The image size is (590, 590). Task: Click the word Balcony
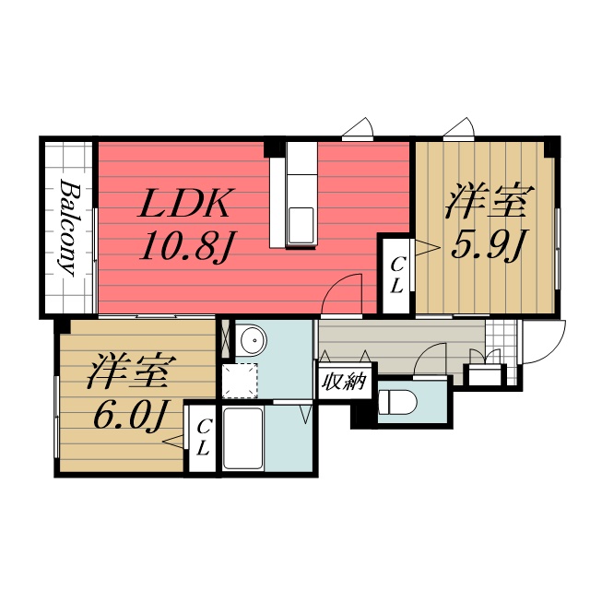(x=67, y=228)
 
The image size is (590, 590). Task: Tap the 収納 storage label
(x=345, y=382)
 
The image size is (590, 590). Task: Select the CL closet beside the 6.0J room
(x=203, y=438)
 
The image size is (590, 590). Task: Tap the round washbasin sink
(x=249, y=344)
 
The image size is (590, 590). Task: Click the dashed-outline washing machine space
(x=242, y=379)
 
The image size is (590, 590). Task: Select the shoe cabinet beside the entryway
(x=485, y=374)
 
